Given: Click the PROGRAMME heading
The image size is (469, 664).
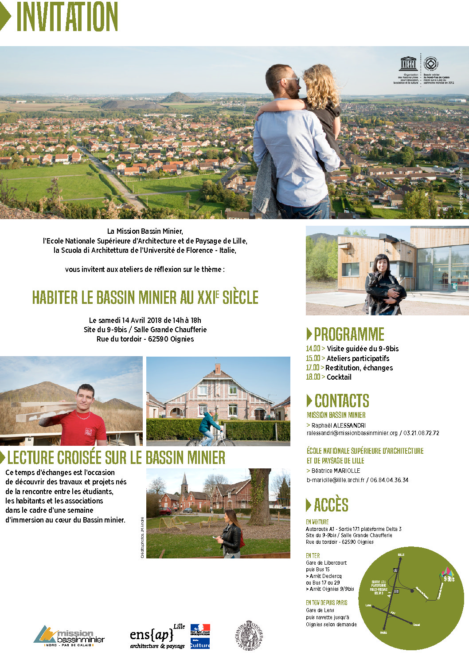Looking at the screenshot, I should click(x=349, y=334).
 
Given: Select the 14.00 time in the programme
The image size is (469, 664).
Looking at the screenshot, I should click(x=313, y=349).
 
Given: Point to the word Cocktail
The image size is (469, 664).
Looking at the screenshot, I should click(x=339, y=377).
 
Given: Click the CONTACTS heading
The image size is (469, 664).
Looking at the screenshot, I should click(x=341, y=401).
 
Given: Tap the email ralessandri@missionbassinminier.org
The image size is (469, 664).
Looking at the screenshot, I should click(x=352, y=433).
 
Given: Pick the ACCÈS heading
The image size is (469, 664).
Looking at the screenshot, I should click(x=331, y=505).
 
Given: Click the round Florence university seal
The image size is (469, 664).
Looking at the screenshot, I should click(x=249, y=636).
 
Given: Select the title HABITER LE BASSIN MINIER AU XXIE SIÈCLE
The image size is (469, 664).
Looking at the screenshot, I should click(x=145, y=297).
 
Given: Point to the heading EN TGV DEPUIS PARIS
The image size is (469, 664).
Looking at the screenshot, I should click(x=326, y=603).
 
